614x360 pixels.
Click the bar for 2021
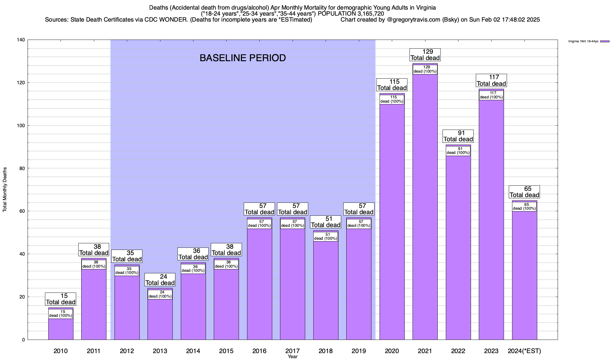425,210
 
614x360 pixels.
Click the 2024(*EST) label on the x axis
524,351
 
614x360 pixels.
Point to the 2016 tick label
259,351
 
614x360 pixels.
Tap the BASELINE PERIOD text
243,58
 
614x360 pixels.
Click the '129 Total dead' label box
425,55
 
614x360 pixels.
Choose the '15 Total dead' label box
61,299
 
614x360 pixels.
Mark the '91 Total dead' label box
458,136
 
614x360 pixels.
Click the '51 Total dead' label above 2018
326,222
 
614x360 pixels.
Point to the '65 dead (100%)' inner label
524,207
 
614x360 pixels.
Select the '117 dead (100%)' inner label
491,95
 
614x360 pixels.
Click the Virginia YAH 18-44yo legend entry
588,41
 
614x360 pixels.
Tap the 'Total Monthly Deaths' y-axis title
5,190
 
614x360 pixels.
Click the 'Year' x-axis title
293,357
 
